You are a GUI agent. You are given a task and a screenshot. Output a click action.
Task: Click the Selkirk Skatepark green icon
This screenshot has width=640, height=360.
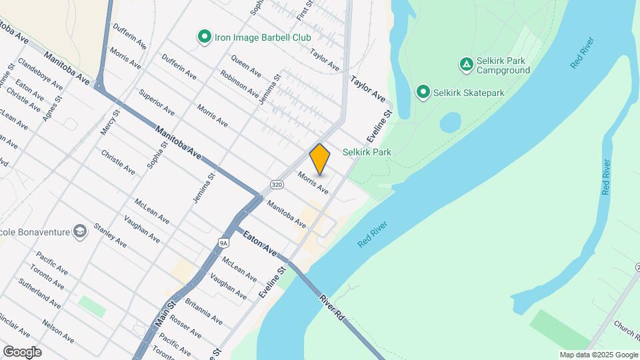click(423, 92)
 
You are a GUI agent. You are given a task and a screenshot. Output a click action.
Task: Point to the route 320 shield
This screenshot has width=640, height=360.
click(277, 183)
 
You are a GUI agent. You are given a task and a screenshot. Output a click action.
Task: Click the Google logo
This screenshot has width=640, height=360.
click(22, 352)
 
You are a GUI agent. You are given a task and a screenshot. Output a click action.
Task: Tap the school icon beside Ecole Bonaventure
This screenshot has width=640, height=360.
click(81, 231)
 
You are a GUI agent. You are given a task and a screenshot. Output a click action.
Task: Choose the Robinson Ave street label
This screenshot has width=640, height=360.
click(239, 85)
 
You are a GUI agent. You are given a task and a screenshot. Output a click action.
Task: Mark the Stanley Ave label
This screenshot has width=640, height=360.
click(109, 235)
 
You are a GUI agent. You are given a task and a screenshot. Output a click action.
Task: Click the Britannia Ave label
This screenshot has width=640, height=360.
click(204, 310)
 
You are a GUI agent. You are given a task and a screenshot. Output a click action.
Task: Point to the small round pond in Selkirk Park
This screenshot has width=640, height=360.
click(451, 123)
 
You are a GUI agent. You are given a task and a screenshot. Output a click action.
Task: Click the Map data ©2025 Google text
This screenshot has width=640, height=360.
click(599, 355)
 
